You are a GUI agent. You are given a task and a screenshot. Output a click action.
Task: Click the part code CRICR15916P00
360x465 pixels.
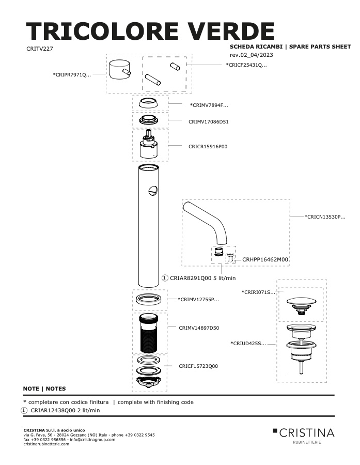(208, 147)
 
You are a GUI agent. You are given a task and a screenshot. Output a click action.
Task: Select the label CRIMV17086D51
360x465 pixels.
(209, 121)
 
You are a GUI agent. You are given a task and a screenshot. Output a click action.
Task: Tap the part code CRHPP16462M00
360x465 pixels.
(265, 259)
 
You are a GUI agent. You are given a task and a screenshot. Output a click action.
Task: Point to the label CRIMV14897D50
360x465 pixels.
(199, 328)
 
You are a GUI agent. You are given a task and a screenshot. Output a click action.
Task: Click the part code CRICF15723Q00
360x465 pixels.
(198, 366)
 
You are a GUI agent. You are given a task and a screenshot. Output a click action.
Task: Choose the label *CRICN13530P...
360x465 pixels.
(325, 217)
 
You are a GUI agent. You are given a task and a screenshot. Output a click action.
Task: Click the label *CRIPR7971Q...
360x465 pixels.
(72, 75)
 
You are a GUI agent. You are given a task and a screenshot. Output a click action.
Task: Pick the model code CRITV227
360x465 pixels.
(40, 49)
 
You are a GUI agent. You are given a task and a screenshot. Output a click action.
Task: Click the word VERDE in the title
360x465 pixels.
(230, 31)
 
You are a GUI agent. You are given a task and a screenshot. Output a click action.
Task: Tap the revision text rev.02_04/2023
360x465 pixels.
(252, 55)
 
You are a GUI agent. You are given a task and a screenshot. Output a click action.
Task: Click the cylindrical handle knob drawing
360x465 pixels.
(118, 70)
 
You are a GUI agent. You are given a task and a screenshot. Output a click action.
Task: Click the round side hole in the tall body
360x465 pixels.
(153, 190)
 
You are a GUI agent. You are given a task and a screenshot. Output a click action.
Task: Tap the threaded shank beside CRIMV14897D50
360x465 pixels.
(149, 333)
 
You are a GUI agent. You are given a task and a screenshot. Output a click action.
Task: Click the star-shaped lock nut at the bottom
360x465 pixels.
(149, 381)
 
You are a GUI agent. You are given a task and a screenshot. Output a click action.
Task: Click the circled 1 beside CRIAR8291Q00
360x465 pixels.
(165, 278)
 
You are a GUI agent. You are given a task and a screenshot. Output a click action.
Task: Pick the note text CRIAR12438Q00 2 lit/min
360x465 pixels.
(65, 410)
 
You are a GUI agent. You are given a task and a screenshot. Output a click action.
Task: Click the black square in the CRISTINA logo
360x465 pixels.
(275, 430)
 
